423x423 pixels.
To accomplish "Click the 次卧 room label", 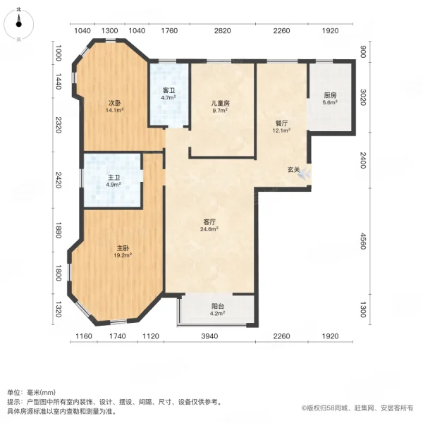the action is [115, 103].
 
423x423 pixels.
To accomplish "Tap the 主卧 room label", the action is [123, 248].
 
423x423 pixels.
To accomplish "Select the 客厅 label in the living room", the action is [209, 222].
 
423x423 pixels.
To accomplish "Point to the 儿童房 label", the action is [221, 103].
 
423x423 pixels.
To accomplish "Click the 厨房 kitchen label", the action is [330, 95].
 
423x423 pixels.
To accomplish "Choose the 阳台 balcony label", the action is [217, 306].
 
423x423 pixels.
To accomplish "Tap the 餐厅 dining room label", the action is [281, 123].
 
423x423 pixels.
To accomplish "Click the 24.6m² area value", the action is [209, 229].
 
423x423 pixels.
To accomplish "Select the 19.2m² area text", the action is [123, 255].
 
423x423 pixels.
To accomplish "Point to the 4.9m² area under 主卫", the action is [114, 185].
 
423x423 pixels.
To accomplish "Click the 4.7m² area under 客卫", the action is [168, 98].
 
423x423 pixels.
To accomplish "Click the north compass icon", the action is [18, 24].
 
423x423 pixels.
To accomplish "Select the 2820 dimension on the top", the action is [223, 31].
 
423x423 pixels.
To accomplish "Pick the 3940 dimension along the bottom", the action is [209, 336].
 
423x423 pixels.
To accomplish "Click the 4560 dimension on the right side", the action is [363, 241].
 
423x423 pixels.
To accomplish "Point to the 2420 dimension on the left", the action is [59, 180].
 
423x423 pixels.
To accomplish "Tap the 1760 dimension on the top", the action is [169, 31].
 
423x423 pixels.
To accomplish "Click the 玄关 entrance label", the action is [293, 170].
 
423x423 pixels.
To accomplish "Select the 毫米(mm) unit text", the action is [42, 393].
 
